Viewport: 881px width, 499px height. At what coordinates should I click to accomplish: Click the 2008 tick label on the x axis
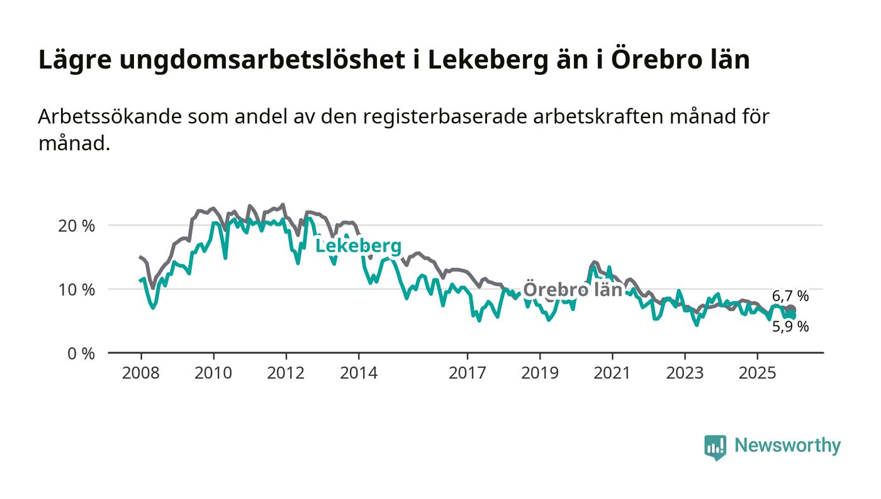click(140, 373)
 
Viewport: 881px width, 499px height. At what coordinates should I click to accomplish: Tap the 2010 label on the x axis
click(213, 373)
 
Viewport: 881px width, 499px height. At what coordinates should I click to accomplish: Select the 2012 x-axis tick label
click(286, 373)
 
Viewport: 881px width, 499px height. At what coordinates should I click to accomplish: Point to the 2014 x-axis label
click(359, 373)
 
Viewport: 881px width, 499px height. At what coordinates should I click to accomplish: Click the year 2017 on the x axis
click(467, 373)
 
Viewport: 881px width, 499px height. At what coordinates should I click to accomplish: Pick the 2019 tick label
click(540, 373)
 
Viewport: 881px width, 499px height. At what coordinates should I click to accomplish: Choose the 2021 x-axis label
click(612, 373)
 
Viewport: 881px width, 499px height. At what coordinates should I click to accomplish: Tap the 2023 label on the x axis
click(685, 373)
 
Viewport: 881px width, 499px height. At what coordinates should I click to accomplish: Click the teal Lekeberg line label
click(358, 246)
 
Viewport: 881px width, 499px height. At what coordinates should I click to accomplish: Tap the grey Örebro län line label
click(573, 290)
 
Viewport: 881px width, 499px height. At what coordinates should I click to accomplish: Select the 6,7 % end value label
click(790, 296)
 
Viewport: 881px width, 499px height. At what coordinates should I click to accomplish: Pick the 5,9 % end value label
click(790, 327)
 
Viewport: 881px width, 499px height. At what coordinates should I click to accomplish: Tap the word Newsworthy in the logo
click(787, 446)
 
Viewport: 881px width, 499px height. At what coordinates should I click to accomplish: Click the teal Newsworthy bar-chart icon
click(715, 447)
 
